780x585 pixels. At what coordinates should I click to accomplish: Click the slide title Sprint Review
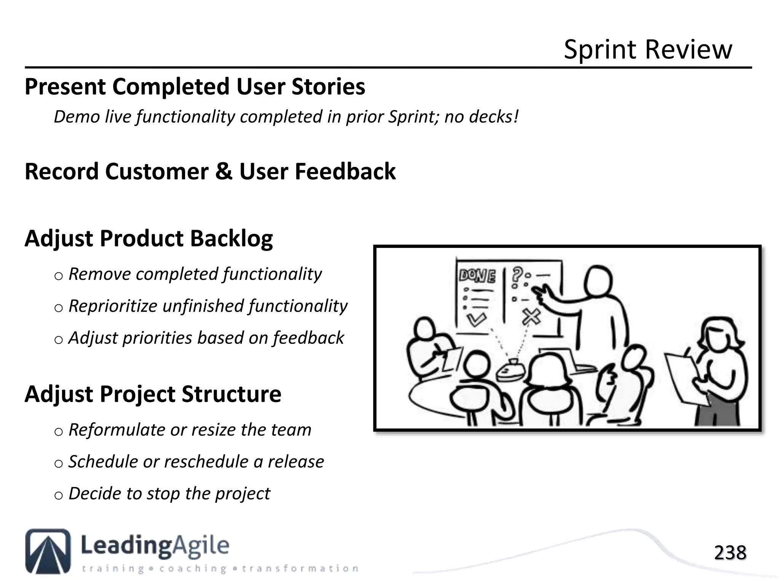(x=647, y=50)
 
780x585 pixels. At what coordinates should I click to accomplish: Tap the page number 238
(x=730, y=553)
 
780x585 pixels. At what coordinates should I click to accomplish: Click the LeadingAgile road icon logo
(x=48, y=551)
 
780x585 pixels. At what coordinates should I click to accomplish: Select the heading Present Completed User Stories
(x=195, y=87)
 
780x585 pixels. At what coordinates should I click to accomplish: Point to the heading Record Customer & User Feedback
(x=210, y=172)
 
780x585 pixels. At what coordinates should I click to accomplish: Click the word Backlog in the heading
(x=231, y=239)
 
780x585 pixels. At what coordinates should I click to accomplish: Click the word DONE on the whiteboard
(x=477, y=276)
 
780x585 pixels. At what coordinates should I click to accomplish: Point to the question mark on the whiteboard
(x=517, y=274)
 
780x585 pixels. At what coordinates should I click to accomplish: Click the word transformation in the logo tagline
(x=300, y=569)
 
